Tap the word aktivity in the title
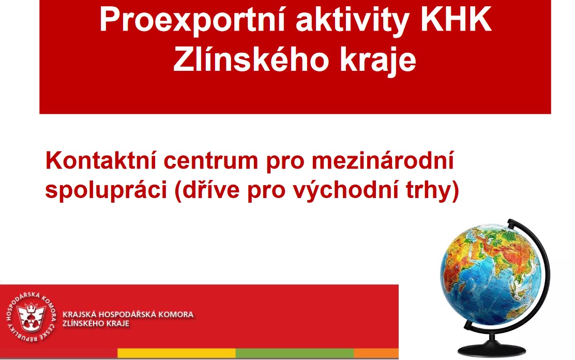(x=352, y=21)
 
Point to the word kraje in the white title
(x=377, y=60)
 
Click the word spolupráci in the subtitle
(x=106, y=190)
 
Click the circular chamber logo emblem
(x=32, y=317)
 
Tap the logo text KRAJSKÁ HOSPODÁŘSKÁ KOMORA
(x=128, y=314)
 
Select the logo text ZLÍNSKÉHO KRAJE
(x=96, y=324)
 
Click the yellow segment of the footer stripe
(x=176, y=353)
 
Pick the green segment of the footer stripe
(x=294, y=353)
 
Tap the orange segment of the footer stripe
(x=376, y=353)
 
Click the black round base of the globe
(x=492, y=349)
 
